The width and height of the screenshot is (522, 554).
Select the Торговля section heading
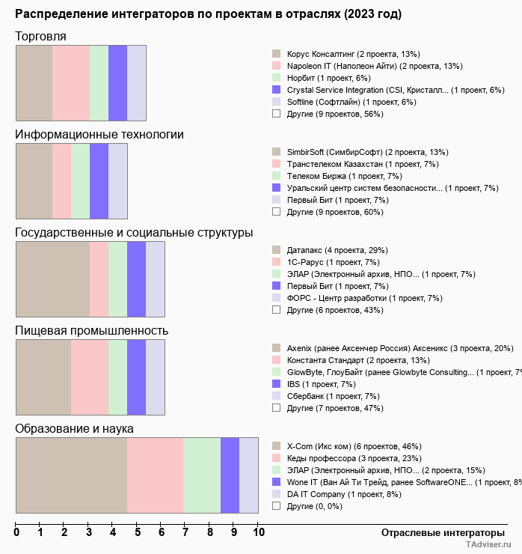click(40, 37)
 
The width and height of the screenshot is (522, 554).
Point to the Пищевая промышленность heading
click(91, 331)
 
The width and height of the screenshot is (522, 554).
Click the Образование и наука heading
click(74, 429)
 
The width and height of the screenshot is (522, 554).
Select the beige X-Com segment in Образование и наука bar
click(71, 475)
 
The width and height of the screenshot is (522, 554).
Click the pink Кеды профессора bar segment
click(155, 475)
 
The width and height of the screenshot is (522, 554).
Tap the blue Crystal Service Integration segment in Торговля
click(117, 83)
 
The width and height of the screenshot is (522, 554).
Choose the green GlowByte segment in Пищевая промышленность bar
click(117, 377)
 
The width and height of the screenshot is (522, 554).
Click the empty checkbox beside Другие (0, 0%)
click(276, 506)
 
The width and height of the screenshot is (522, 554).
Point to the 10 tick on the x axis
click(258, 533)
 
